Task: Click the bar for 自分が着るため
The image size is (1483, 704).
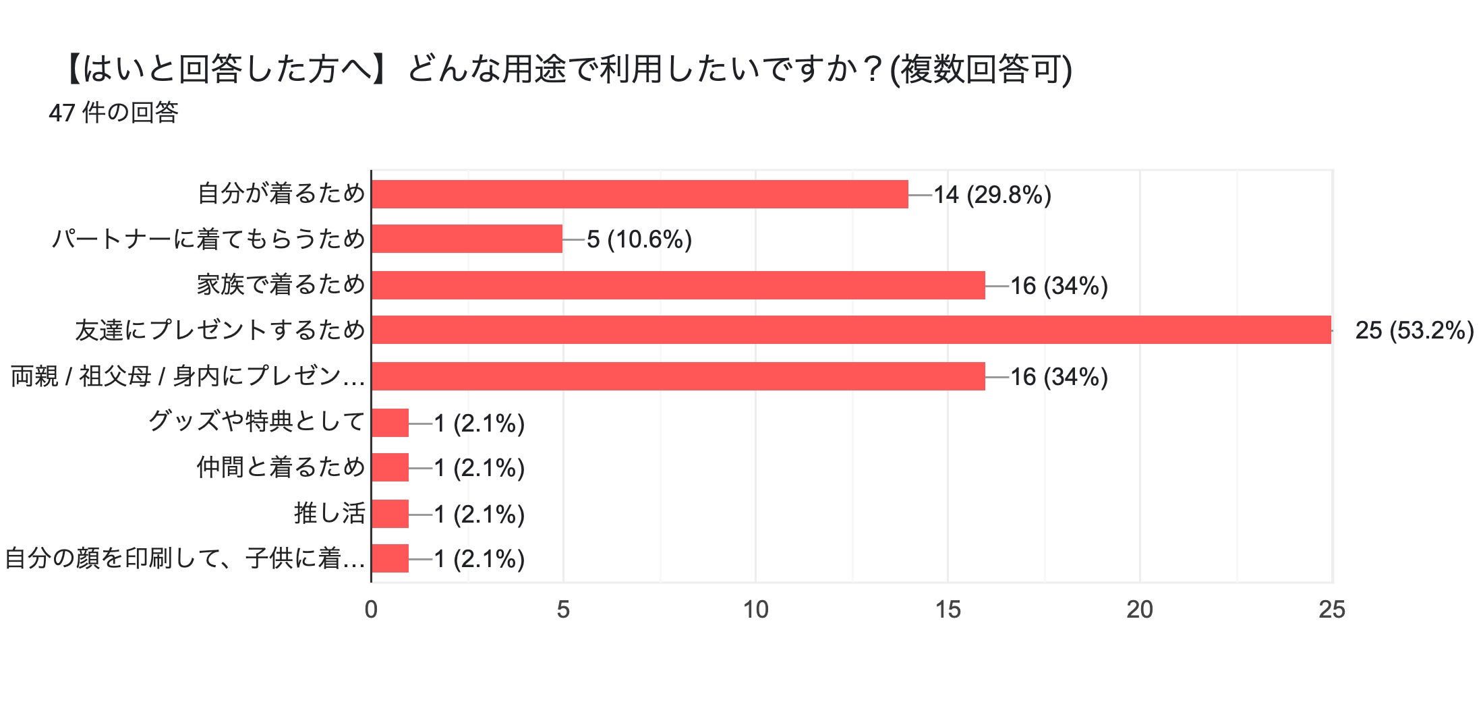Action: click(x=639, y=194)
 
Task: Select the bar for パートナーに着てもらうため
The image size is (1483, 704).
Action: click(x=467, y=239)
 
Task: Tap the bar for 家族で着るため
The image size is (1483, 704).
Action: click(x=678, y=285)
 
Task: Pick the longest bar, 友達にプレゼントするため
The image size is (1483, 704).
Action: click(x=851, y=330)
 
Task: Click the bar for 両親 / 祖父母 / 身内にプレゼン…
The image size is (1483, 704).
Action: click(x=678, y=376)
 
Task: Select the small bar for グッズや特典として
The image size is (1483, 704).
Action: click(x=390, y=423)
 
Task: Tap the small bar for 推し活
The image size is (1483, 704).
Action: click(x=390, y=514)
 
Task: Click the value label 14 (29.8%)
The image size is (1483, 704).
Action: click(x=992, y=195)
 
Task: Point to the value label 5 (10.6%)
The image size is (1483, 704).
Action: click(x=639, y=239)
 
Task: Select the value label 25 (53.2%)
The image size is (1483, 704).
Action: click(x=1414, y=330)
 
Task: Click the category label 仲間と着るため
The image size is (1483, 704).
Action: click(x=281, y=467)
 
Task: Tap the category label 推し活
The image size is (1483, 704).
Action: click(x=329, y=513)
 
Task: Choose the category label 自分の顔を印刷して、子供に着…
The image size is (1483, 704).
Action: click(x=185, y=558)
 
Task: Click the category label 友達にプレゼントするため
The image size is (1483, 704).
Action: click(x=220, y=330)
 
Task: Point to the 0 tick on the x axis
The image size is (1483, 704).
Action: click(x=371, y=610)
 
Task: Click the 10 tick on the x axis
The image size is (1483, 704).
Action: click(x=755, y=610)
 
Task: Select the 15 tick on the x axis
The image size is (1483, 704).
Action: click(x=948, y=610)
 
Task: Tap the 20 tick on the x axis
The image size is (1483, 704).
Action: click(x=1140, y=610)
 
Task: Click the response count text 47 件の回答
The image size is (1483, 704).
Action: click(x=113, y=113)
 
